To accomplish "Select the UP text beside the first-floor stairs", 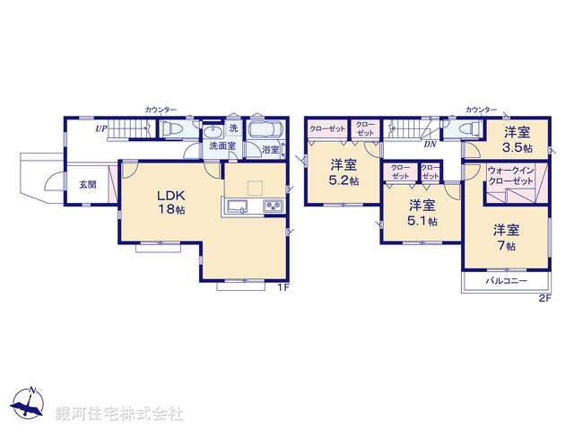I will [103, 128].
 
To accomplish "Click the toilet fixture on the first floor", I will [174, 130].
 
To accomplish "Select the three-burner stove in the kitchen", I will [272, 208].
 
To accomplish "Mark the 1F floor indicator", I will [282, 288].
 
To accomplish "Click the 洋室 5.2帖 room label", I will [342, 172].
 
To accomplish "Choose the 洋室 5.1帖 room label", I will [418, 212].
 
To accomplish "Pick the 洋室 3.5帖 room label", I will [517, 139].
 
